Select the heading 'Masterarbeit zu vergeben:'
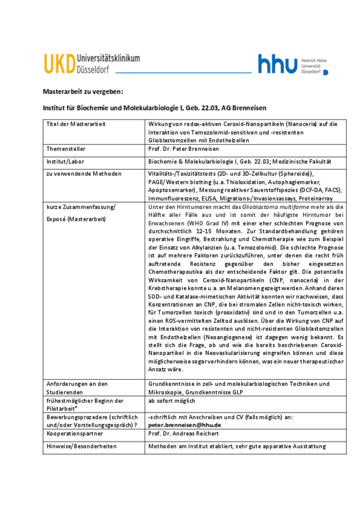click(83, 92)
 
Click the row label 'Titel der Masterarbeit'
click(75, 124)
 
